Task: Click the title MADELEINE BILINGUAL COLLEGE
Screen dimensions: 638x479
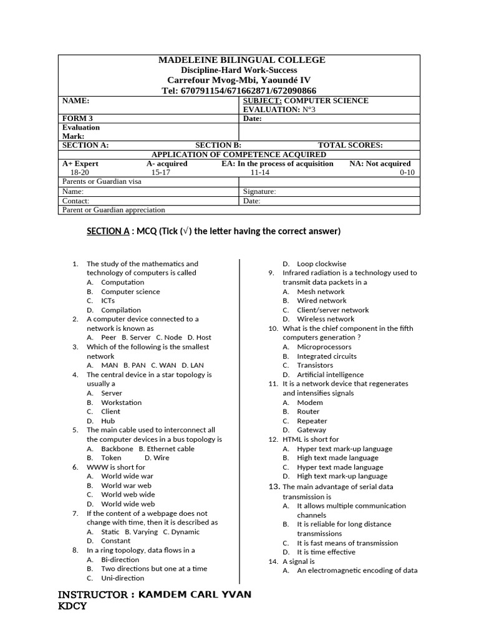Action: pyautogui.click(x=241, y=60)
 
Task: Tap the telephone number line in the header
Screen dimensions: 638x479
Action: pyautogui.click(x=239, y=90)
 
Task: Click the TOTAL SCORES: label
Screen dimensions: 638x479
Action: pyautogui.click(x=351, y=145)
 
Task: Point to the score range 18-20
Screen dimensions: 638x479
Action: pyautogui.click(x=80, y=173)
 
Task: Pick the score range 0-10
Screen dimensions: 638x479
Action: pyautogui.click(x=406, y=173)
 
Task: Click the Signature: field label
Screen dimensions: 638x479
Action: pyautogui.click(x=259, y=192)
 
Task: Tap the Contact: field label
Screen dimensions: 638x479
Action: pyautogui.click(x=76, y=201)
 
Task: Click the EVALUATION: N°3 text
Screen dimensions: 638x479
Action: pyautogui.click(x=279, y=109)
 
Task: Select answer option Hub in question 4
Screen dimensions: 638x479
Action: pyautogui.click(x=108, y=421)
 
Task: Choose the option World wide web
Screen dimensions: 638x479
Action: pyautogui.click(x=128, y=503)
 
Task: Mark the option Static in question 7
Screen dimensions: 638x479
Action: pyautogui.click(x=110, y=531)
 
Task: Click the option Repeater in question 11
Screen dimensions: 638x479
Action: pyautogui.click(x=312, y=421)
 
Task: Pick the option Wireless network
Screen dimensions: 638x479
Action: pyautogui.click(x=326, y=319)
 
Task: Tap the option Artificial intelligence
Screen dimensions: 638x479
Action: pyautogui.click(x=330, y=374)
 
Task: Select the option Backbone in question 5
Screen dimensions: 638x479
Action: pyautogui.click(x=117, y=448)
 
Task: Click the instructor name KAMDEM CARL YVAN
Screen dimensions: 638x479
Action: pyautogui.click(x=195, y=594)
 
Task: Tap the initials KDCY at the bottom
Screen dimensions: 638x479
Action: pyautogui.click(x=72, y=606)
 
